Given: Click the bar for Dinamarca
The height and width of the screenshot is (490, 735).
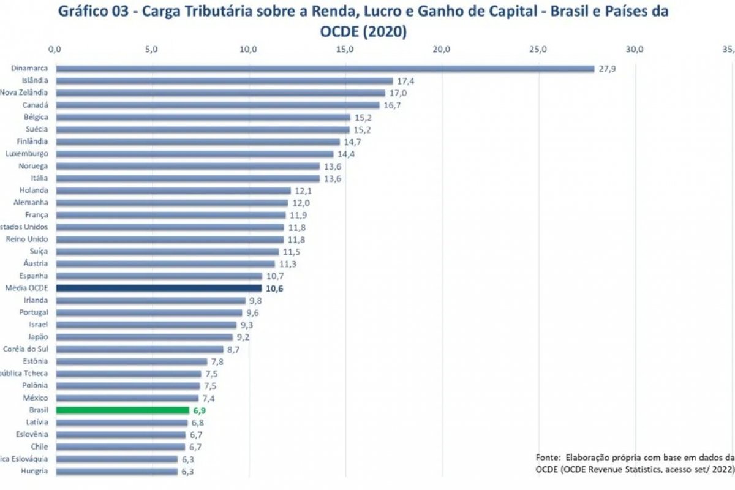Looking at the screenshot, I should click(325, 69).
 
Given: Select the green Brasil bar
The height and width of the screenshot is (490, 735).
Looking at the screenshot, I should click(123, 410).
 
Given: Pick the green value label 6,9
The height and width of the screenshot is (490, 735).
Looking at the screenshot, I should click(200, 410).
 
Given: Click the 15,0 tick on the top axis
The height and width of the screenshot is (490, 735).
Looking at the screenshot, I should click(345, 50).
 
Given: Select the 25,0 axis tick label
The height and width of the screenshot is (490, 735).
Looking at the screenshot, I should click(538, 50).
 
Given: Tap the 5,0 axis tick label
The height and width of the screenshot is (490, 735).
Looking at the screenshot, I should click(151, 50).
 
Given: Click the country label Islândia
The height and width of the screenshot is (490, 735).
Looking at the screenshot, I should click(35, 80).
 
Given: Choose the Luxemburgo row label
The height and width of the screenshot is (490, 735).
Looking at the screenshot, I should click(27, 154).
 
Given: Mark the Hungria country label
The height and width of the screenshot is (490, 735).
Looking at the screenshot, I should click(34, 471).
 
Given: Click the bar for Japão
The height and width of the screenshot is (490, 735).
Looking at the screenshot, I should click(144, 337).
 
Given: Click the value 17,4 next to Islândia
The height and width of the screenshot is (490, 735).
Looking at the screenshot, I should click(405, 81).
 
